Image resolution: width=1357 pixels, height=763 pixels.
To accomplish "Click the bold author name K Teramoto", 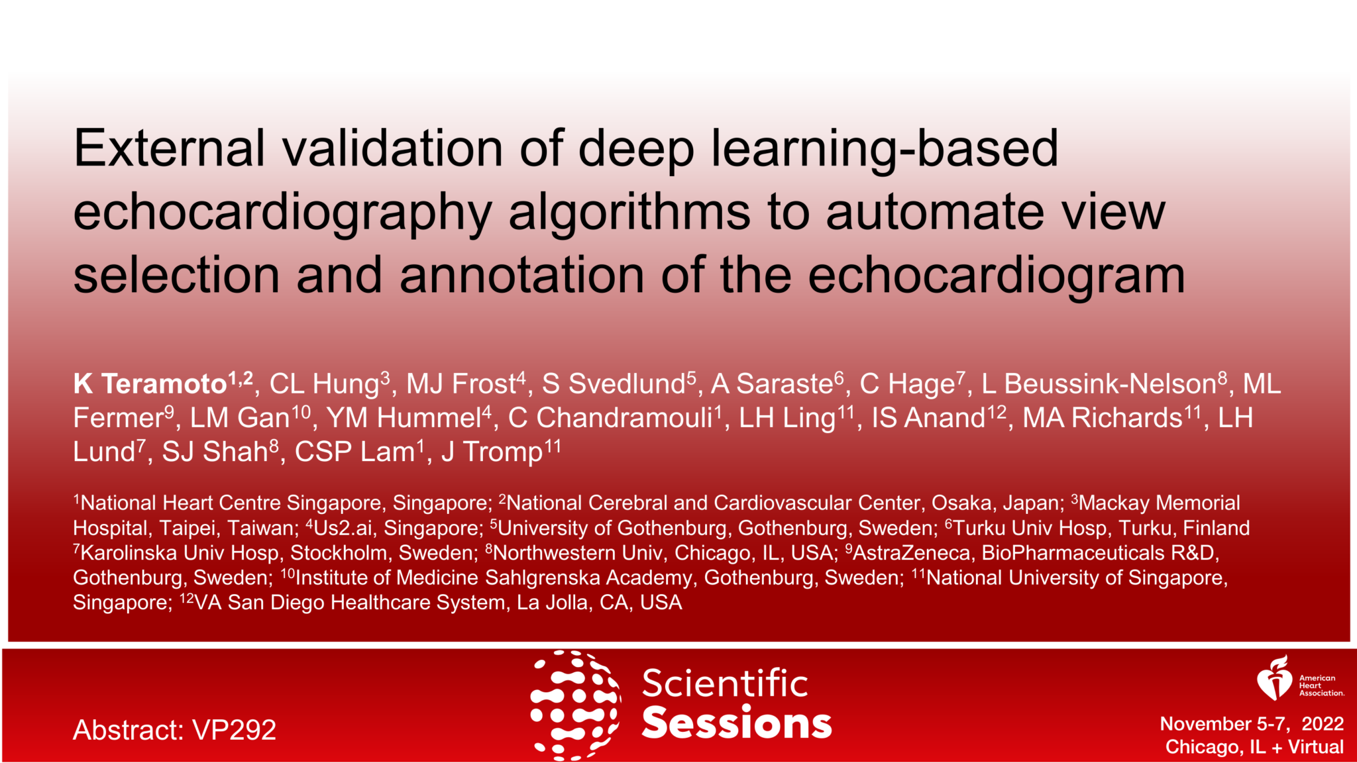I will click(x=151, y=384).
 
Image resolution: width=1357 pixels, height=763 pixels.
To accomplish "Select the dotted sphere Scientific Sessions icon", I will click(x=574, y=705).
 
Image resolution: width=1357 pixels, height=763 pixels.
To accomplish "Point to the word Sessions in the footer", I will click(x=736, y=723).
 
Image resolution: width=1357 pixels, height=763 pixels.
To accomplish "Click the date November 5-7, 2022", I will click(x=1251, y=724).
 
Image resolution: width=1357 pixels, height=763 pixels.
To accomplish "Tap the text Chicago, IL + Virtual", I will click(x=1254, y=747).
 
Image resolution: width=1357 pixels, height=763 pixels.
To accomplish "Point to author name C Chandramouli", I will click(x=610, y=418).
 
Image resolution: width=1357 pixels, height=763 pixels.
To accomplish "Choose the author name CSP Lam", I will click(x=354, y=452).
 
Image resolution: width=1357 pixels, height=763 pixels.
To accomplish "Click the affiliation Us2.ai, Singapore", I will click(x=398, y=529).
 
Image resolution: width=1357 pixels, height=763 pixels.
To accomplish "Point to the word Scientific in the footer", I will click(x=725, y=684).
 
